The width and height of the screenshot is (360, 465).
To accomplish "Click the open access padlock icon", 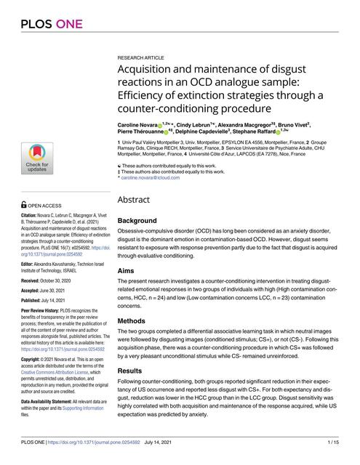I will (24, 206).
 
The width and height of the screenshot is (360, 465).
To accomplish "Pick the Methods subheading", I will (132, 320).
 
